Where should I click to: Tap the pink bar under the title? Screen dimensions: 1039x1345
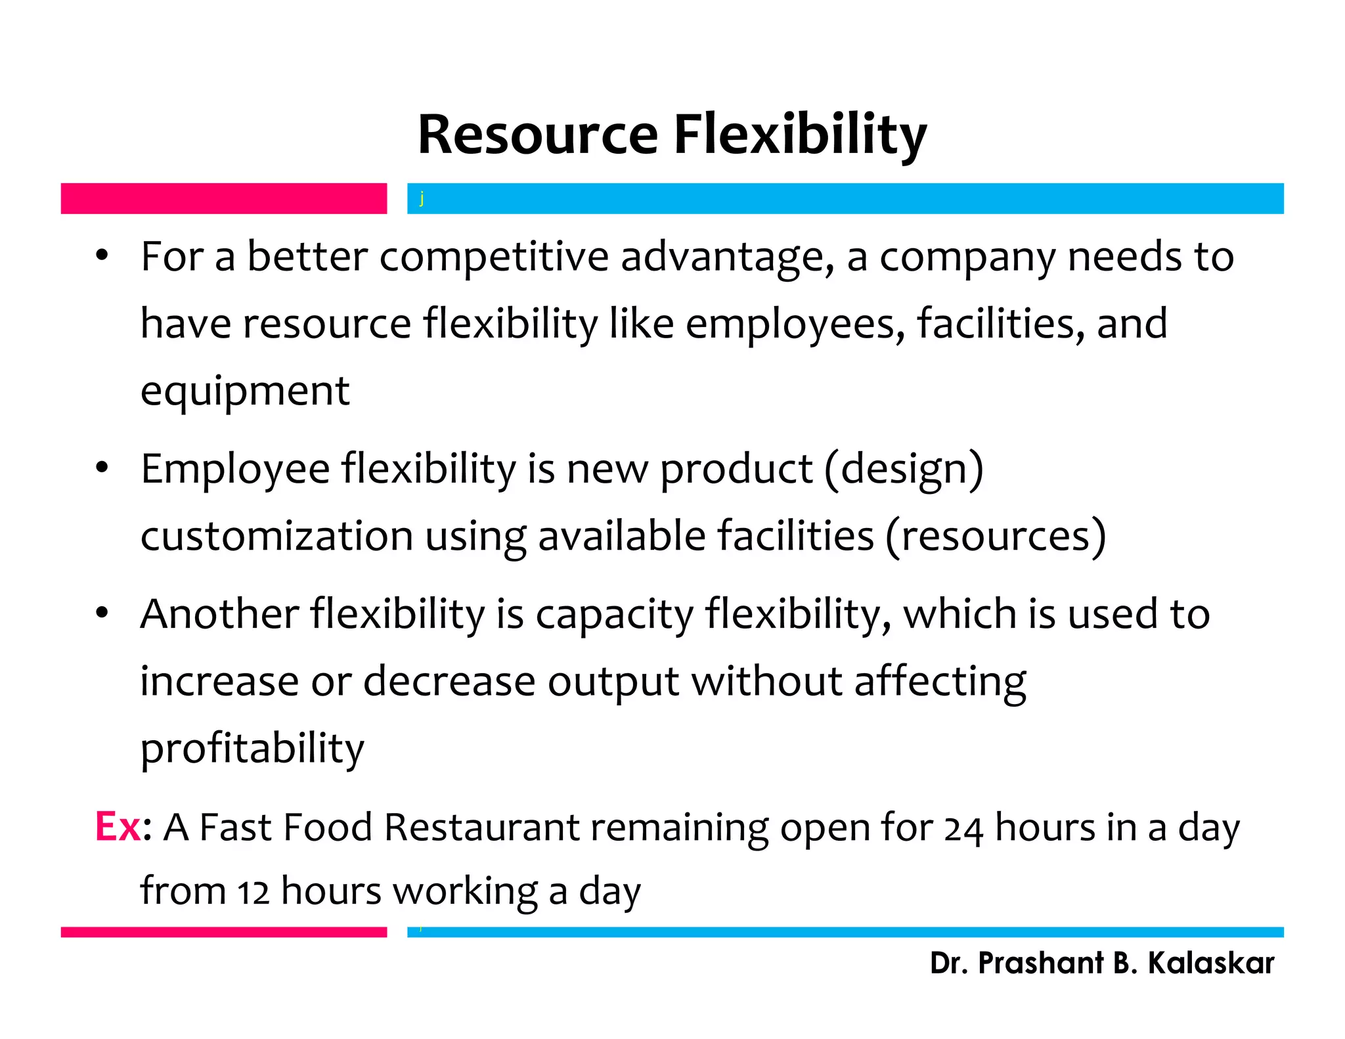(x=223, y=198)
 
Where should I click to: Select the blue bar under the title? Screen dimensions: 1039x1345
(x=847, y=198)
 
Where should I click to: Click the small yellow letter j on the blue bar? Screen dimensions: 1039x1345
(x=422, y=198)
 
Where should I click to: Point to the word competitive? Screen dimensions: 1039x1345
(x=494, y=257)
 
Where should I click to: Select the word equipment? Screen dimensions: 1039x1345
(x=245, y=391)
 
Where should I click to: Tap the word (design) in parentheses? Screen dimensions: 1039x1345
(x=904, y=470)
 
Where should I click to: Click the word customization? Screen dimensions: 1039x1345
(x=276, y=537)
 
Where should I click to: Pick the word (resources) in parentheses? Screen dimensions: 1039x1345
(x=996, y=537)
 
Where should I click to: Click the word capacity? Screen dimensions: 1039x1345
(x=614, y=615)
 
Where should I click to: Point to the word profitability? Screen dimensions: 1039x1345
(x=252, y=749)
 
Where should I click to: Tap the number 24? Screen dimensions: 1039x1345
(x=963, y=829)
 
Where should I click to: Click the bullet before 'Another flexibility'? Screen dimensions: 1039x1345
(x=101, y=613)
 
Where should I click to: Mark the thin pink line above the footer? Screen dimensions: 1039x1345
(x=223, y=932)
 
